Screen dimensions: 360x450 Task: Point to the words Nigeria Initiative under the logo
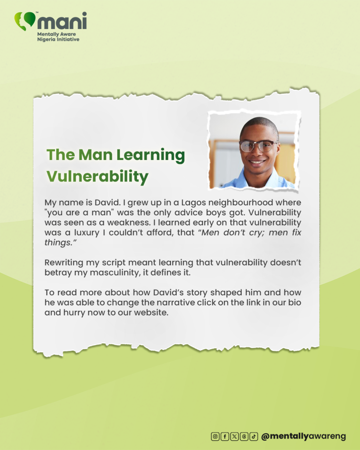(58, 39)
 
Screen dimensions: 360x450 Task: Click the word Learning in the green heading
(151, 155)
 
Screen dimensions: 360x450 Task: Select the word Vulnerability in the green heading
(97, 176)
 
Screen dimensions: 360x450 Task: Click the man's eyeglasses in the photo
(258, 145)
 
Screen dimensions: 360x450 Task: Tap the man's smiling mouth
(257, 163)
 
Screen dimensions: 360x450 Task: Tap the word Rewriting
(63, 263)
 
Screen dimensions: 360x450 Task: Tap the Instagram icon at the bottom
(215, 436)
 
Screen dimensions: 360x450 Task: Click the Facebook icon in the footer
(225, 436)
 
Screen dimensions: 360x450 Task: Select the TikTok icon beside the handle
(254, 436)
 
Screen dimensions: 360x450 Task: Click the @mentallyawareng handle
(303, 436)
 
